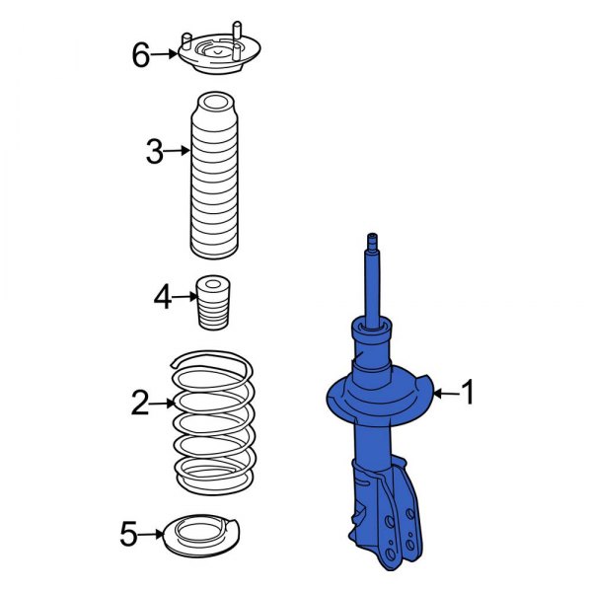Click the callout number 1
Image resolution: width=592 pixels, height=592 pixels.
click(x=468, y=394)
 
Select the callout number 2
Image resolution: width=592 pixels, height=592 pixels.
click(x=139, y=402)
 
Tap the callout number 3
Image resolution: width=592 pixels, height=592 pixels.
click(x=153, y=151)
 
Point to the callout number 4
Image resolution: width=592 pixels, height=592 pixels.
click(x=163, y=294)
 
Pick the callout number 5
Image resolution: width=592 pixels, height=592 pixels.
click(x=128, y=535)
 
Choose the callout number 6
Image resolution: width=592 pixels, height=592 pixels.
click(x=141, y=54)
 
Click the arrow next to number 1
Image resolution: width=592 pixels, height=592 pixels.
click(x=445, y=394)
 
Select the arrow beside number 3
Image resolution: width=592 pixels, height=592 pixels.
click(x=177, y=151)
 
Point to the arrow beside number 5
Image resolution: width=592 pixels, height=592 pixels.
click(x=152, y=535)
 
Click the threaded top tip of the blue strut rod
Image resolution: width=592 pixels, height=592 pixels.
click(x=373, y=241)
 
